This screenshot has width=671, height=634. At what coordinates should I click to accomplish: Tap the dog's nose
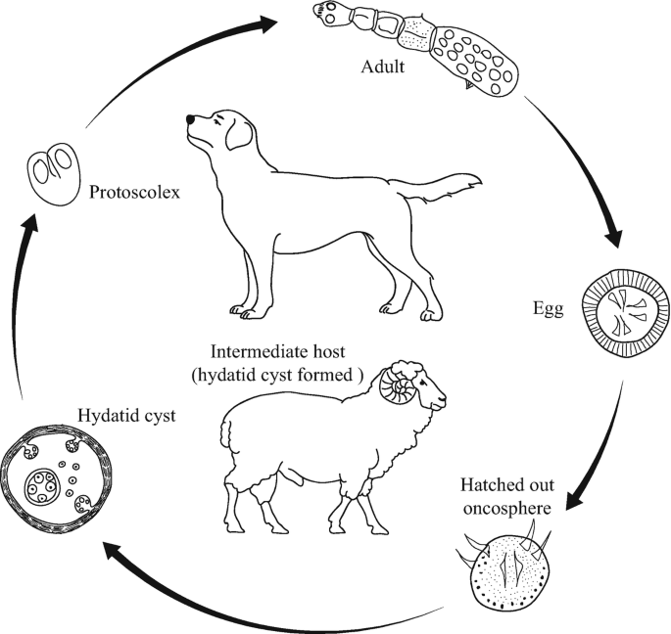189,121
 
